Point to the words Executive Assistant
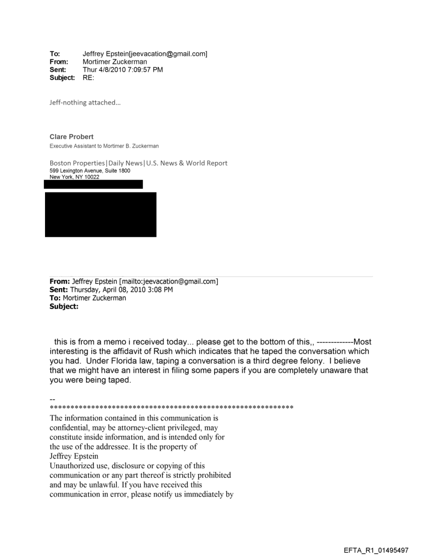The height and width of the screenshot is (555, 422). coord(69,146)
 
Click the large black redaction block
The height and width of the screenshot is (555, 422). coord(100,214)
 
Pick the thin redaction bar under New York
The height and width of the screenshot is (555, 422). coord(94,184)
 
